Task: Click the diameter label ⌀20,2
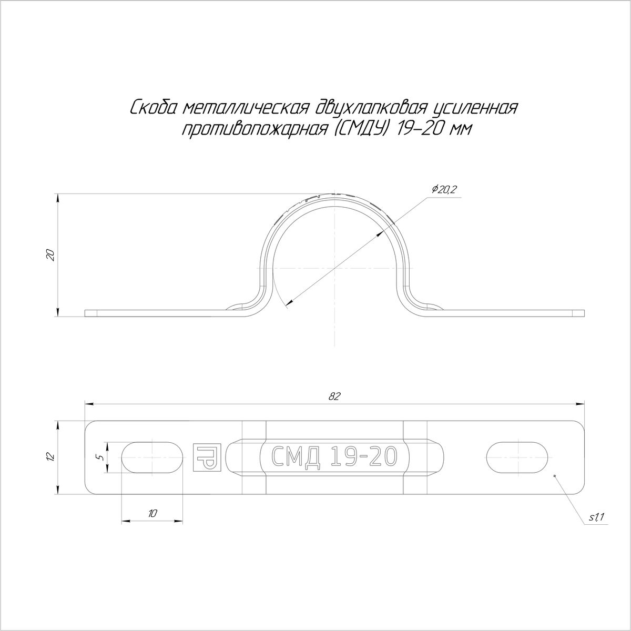(x=444, y=190)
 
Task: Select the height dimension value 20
(x=50, y=255)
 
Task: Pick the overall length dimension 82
(x=334, y=396)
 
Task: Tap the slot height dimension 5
(x=101, y=457)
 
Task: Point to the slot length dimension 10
(x=152, y=513)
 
